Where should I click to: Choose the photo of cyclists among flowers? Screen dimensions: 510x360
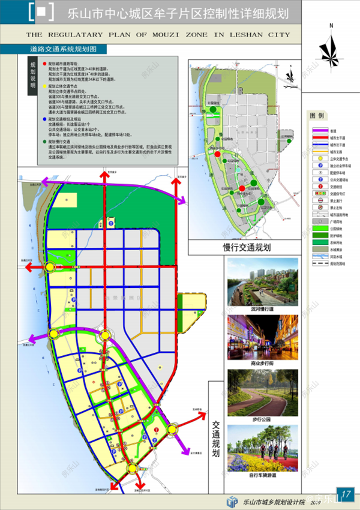click(263, 450)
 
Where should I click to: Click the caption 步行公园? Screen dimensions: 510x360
click(263, 420)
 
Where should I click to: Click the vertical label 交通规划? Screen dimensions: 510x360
click(216, 437)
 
